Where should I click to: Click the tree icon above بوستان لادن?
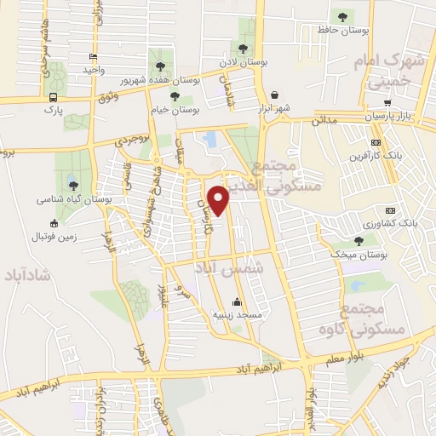[244, 49]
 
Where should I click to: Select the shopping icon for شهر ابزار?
[274, 95]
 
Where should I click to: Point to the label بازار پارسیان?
[396, 114]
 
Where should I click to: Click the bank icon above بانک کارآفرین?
[376, 143]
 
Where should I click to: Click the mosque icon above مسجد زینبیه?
[237, 302]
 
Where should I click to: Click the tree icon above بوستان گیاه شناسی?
[72, 184]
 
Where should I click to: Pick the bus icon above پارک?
[54, 97]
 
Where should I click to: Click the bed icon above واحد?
[91, 57]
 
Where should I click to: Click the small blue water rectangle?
[209, 137]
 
